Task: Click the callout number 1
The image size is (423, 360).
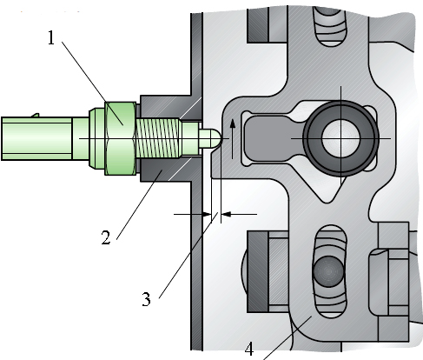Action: (51, 38)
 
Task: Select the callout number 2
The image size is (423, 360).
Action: (106, 237)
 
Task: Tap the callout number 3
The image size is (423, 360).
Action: (146, 299)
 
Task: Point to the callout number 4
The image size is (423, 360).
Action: (249, 349)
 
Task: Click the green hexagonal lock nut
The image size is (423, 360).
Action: (120, 138)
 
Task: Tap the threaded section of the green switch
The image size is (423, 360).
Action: (157, 138)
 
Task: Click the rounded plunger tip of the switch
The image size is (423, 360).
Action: (210, 138)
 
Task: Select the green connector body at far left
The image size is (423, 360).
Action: (36, 138)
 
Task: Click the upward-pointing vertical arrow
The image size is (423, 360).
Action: (232, 138)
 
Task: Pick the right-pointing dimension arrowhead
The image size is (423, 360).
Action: (208, 215)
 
